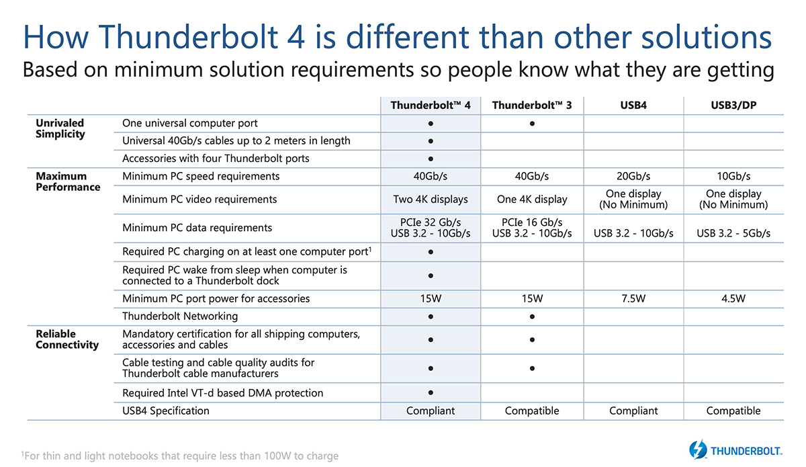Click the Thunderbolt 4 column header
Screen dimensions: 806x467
(x=431, y=105)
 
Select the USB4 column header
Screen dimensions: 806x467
(x=633, y=105)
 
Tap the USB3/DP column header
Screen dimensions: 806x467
(x=733, y=105)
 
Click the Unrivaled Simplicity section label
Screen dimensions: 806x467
(x=60, y=128)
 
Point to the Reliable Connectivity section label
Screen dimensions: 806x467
(x=67, y=339)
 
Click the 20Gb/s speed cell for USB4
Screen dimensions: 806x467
(x=633, y=176)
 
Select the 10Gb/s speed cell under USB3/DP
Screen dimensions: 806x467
(x=733, y=176)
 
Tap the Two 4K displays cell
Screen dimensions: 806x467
(x=431, y=199)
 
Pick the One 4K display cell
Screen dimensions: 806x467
(x=532, y=199)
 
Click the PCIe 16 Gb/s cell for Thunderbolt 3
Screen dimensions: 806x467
(x=532, y=222)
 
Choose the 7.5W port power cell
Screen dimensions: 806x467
(x=633, y=298)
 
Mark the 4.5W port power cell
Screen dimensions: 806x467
(x=733, y=298)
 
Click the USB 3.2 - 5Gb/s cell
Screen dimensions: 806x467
(x=733, y=233)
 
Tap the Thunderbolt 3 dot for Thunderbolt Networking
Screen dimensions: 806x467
(x=532, y=317)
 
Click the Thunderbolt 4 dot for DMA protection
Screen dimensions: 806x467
(x=431, y=393)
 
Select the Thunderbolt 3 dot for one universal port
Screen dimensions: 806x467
(x=532, y=124)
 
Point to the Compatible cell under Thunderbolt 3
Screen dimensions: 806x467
(x=532, y=411)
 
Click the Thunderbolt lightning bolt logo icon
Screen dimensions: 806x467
(x=698, y=450)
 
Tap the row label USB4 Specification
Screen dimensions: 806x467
(x=165, y=411)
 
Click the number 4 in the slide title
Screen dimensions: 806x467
(x=296, y=37)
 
